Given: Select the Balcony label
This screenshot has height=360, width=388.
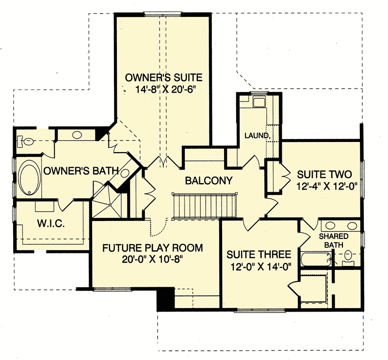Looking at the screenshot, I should point(209,181).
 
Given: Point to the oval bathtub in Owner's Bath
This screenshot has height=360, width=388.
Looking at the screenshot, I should point(30,178).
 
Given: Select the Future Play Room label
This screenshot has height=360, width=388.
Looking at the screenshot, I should point(152,248).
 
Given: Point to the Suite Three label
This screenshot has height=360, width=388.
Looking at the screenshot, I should point(259,254).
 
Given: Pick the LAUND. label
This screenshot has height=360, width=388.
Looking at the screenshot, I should point(257,135).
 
